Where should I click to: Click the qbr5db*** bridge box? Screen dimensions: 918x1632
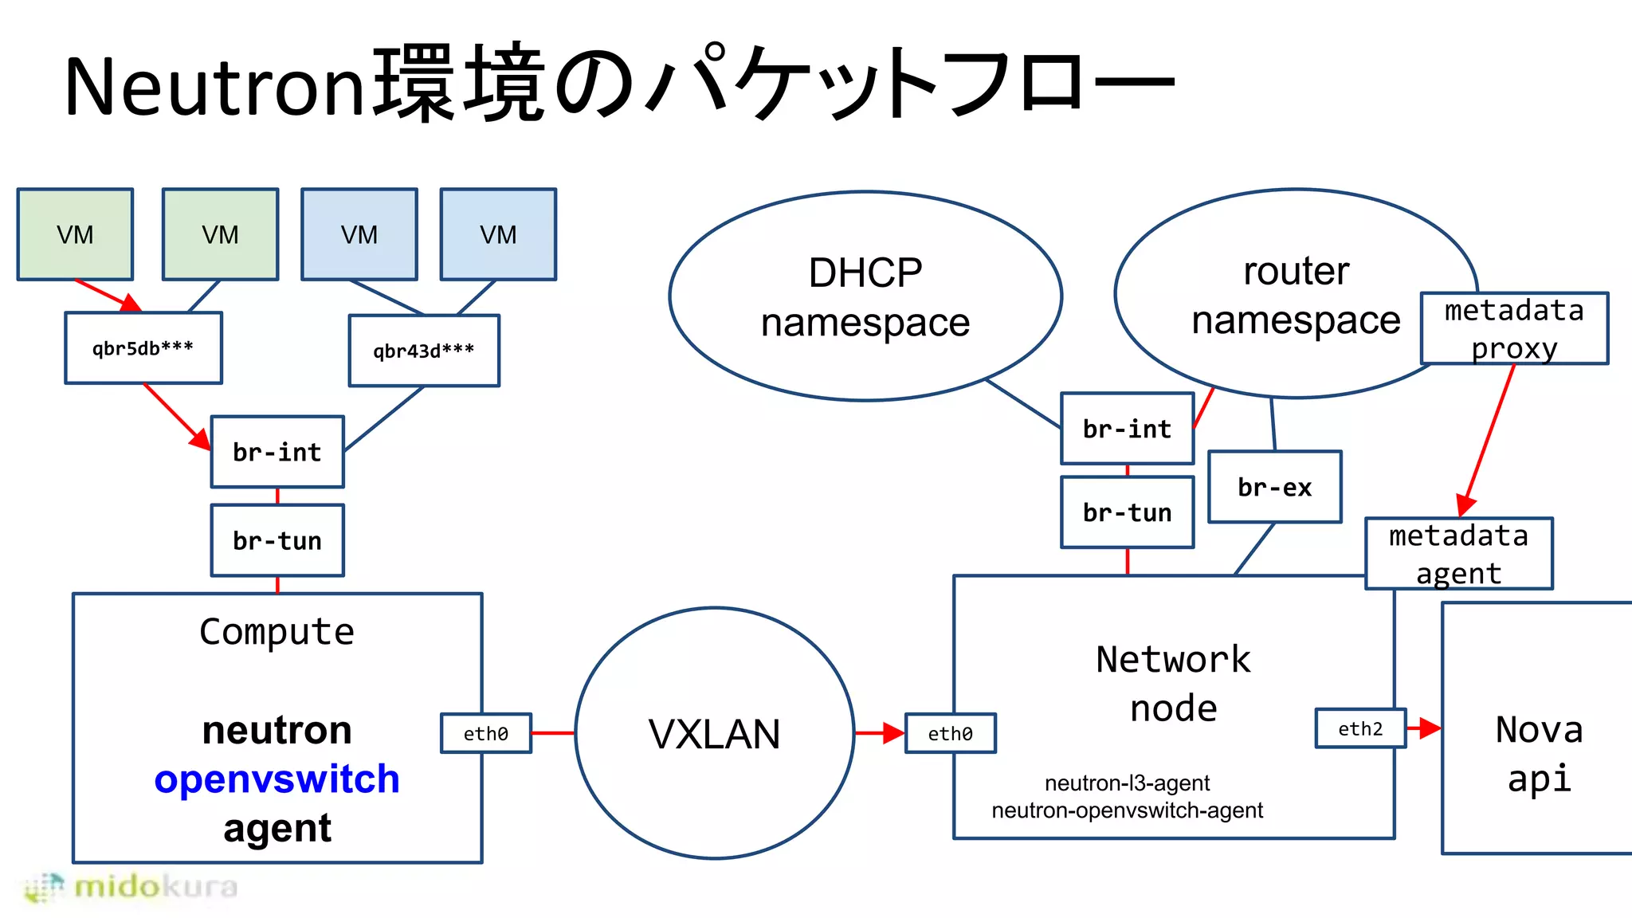coord(143,348)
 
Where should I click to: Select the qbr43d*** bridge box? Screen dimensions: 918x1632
coord(424,351)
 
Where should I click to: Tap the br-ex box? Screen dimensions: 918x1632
coord(1274,487)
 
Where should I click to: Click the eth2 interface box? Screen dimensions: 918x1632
coord(1360,728)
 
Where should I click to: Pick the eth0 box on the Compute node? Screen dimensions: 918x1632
coord(486,733)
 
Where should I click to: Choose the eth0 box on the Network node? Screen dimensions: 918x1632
coord(950,733)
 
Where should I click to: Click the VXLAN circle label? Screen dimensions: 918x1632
coord(714,734)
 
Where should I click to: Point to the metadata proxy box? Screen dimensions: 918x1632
coord(1514,328)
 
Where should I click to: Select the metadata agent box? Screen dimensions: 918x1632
coord(1458,554)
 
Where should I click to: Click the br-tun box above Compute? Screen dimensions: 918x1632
coord(277,540)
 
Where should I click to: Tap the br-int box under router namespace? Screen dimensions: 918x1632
coord(1127,429)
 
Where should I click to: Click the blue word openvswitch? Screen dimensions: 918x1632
coord(277,779)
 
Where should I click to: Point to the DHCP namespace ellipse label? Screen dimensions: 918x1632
coord(865,296)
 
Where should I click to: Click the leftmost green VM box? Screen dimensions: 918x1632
coord(75,234)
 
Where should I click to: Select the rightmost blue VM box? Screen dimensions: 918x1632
coord(498,234)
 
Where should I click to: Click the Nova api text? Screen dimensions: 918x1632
coord(1539,753)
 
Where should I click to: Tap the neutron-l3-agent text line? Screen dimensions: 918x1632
coord(1127,783)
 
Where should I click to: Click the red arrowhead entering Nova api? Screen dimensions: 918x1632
coord(1431,728)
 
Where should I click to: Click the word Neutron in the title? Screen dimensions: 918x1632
coord(214,86)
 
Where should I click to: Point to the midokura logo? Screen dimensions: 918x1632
coord(131,887)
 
